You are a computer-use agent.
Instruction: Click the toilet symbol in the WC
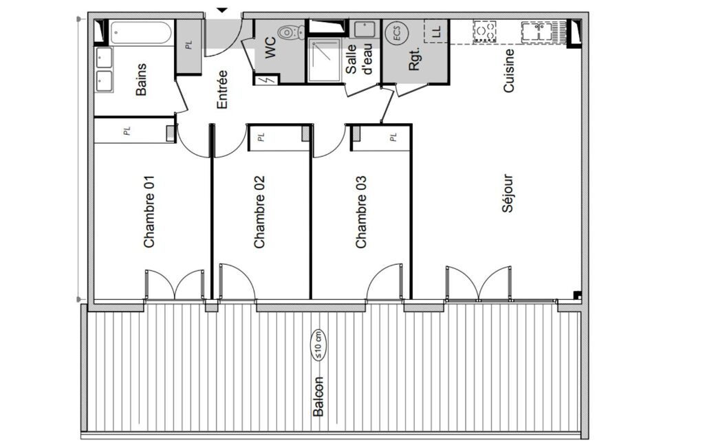[x=292, y=32]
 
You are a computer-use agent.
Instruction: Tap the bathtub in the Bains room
[x=140, y=33]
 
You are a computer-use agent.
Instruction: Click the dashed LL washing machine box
[x=436, y=31]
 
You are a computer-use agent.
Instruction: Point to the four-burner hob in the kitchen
[x=484, y=32]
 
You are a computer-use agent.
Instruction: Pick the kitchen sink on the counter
[x=537, y=32]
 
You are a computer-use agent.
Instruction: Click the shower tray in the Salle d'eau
[x=324, y=60]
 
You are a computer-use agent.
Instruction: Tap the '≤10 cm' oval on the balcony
[x=318, y=345]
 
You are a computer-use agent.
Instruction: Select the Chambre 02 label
[x=259, y=212]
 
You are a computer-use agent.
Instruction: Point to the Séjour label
[x=507, y=193]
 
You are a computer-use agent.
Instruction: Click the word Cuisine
[x=508, y=71]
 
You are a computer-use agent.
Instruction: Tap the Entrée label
[x=222, y=89]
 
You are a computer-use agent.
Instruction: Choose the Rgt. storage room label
[x=413, y=59]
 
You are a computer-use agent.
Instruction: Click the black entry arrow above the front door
[x=222, y=10]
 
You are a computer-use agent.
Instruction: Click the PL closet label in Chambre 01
[x=127, y=131]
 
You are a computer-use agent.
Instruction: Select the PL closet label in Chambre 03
[x=393, y=137]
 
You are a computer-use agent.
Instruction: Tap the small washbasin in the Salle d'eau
[x=364, y=30]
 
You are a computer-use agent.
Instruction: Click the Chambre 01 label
[x=149, y=211]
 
